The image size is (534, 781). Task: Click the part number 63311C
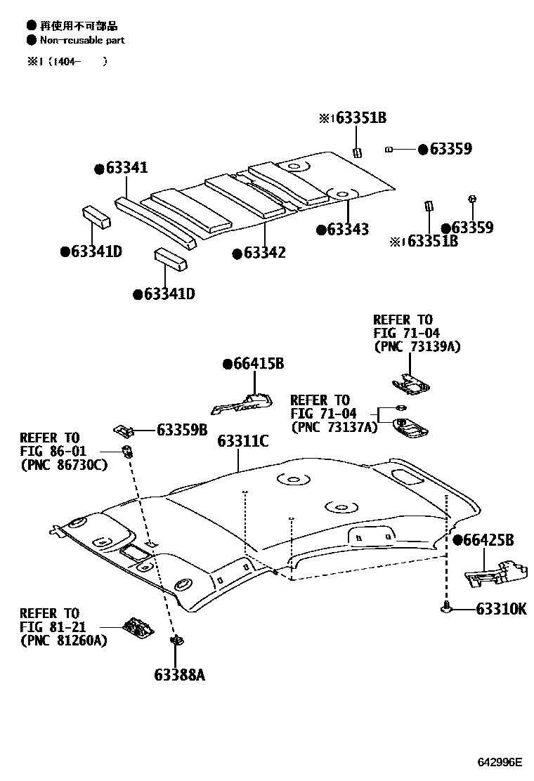(x=243, y=441)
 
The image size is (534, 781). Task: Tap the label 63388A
(x=179, y=676)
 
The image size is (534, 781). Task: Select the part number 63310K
(x=501, y=610)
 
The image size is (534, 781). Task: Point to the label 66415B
(x=259, y=364)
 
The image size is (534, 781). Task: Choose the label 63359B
(x=182, y=428)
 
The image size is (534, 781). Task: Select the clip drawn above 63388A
(x=177, y=641)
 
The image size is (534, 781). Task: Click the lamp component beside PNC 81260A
(x=139, y=627)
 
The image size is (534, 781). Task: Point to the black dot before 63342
(x=237, y=253)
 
